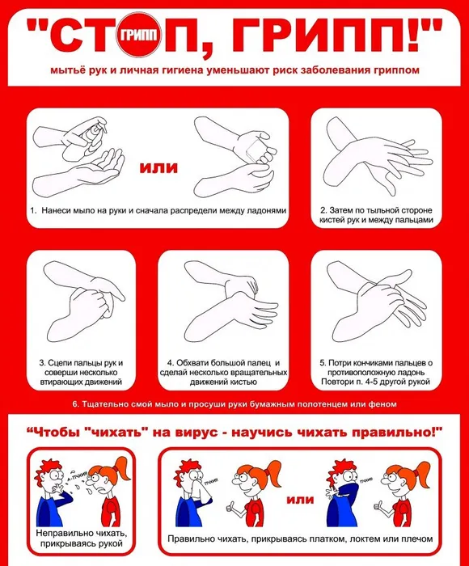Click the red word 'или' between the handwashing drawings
[x=158, y=168]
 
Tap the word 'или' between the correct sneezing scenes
[x=300, y=499]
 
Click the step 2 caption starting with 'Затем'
[x=376, y=213]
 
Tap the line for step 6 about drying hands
[x=234, y=403]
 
